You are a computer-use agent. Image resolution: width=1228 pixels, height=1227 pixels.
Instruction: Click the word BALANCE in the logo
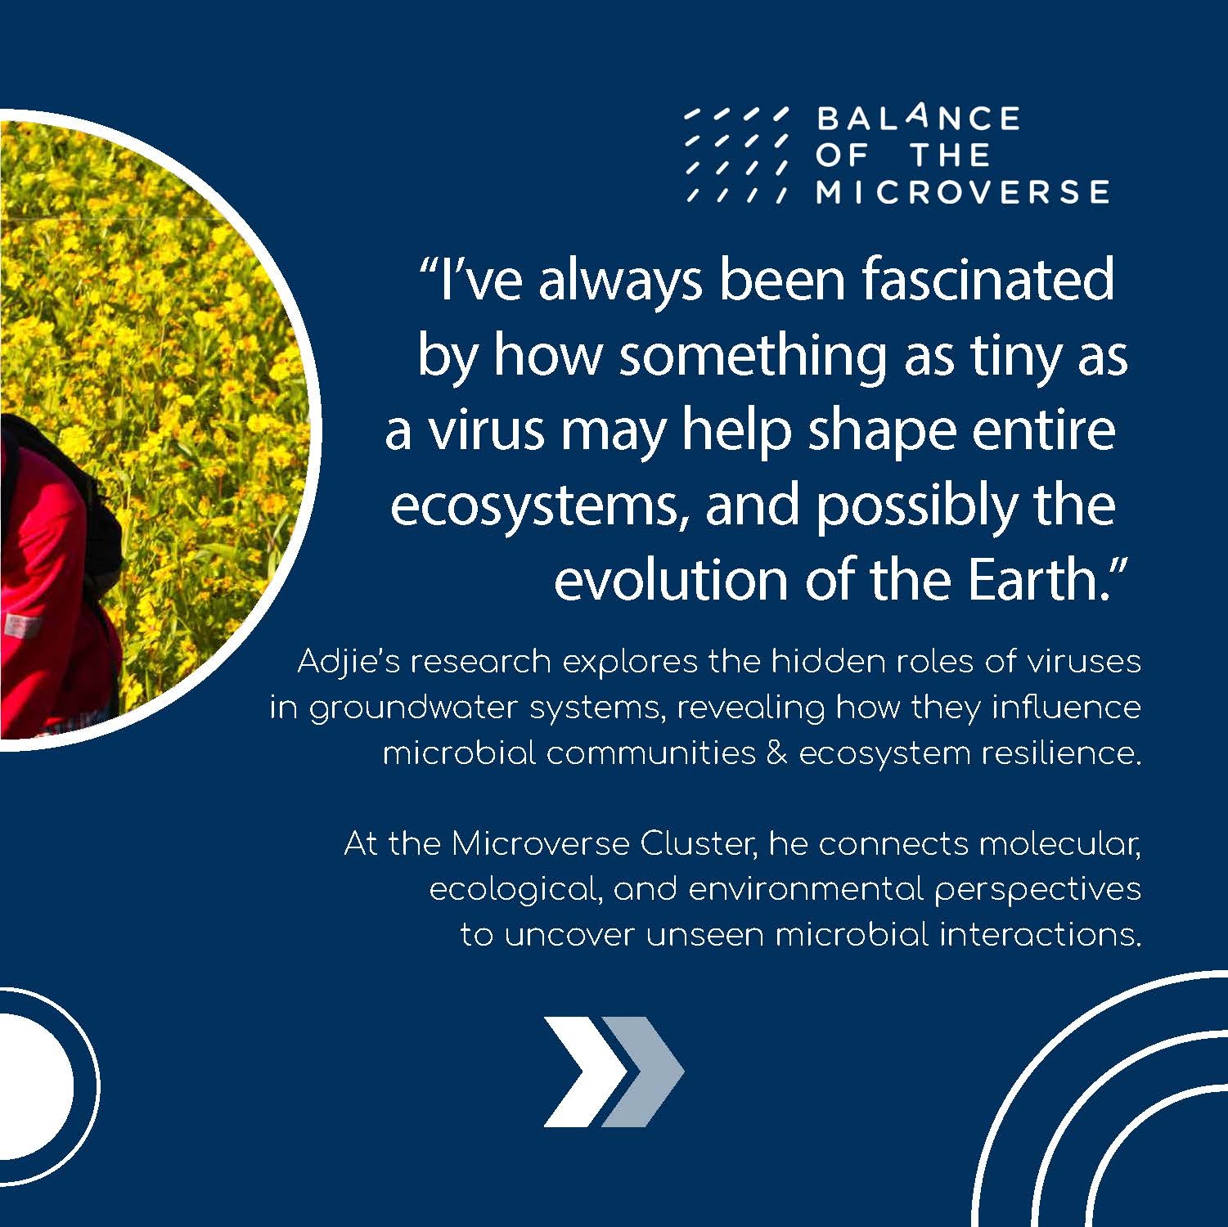[918, 119]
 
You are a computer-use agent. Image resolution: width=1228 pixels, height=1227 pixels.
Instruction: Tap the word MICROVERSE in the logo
[963, 191]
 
